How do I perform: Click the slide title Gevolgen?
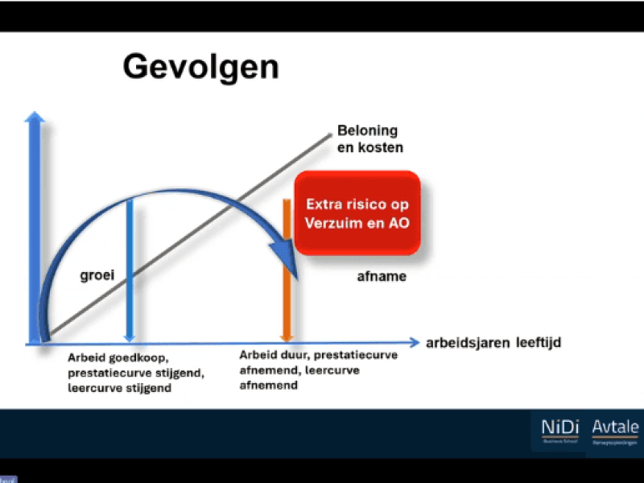(200, 67)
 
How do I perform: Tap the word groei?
(97, 276)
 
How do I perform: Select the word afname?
(381, 276)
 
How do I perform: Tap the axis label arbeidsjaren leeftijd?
(493, 343)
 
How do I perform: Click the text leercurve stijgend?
(119, 388)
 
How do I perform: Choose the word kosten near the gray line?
(382, 148)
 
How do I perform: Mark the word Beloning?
(367, 131)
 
